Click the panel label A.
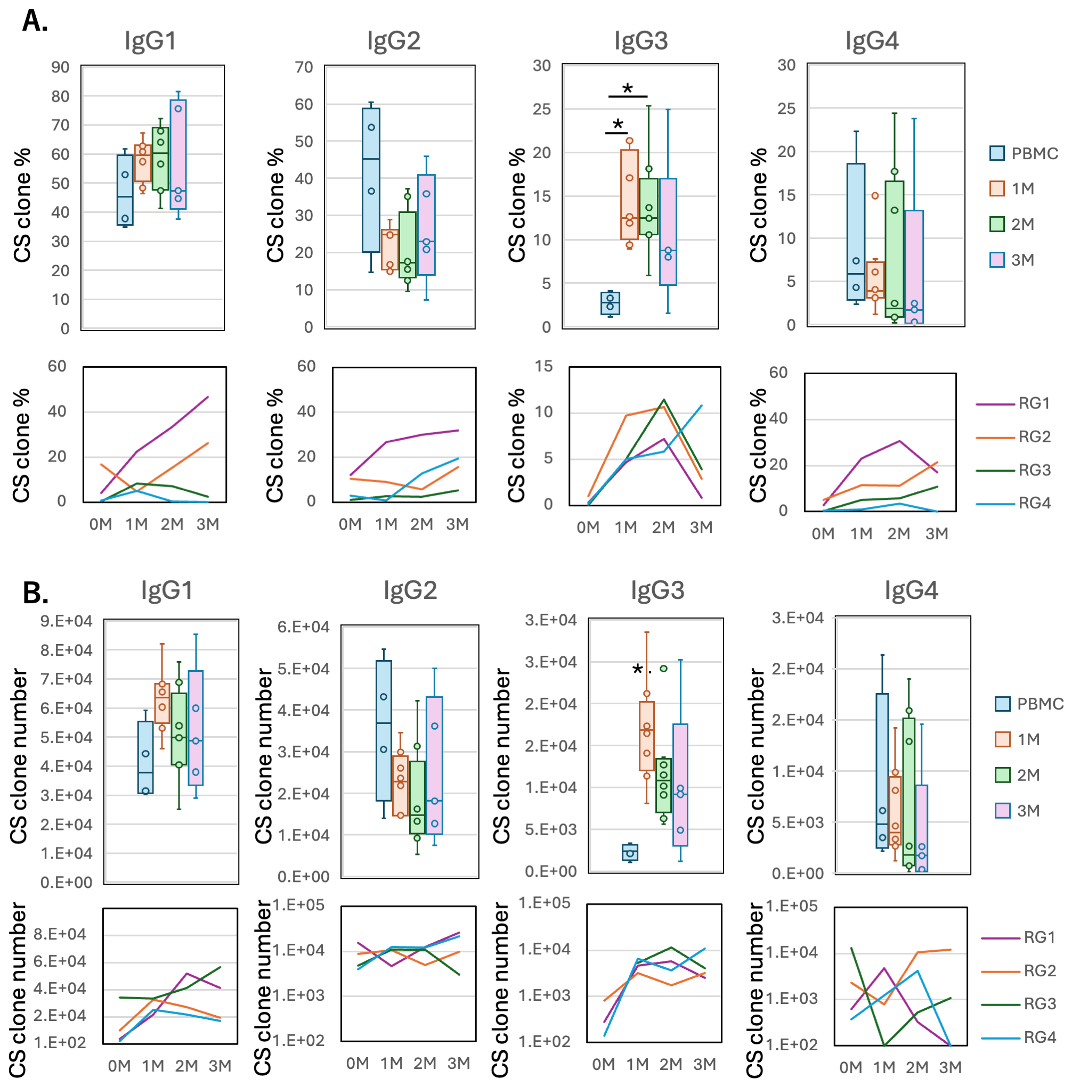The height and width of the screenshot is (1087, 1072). tap(35, 21)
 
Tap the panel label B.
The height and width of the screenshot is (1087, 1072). tap(36, 592)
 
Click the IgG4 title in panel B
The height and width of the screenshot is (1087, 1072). tap(911, 590)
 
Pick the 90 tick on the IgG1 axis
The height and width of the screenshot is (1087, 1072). tap(60, 68)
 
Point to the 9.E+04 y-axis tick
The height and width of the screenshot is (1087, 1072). tap(66, 621)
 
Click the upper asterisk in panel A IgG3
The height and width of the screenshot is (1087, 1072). tap(627, 89)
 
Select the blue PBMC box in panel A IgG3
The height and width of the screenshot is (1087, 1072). tap(610, 303)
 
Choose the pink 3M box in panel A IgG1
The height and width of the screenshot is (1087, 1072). tap(178, 155)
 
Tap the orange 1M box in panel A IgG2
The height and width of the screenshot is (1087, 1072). tap(389, 250)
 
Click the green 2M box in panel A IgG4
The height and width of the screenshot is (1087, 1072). tap(894, 249)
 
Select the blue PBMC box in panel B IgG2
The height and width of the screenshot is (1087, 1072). tap(384, 730)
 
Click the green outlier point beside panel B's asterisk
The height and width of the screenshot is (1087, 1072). tap(664, 669)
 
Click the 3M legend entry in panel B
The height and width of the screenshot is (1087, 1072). tap(1018, 811)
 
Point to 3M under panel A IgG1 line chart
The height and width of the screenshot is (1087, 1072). tap(208, 524)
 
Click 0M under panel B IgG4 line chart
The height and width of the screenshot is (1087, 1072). tap(850, 1067)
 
